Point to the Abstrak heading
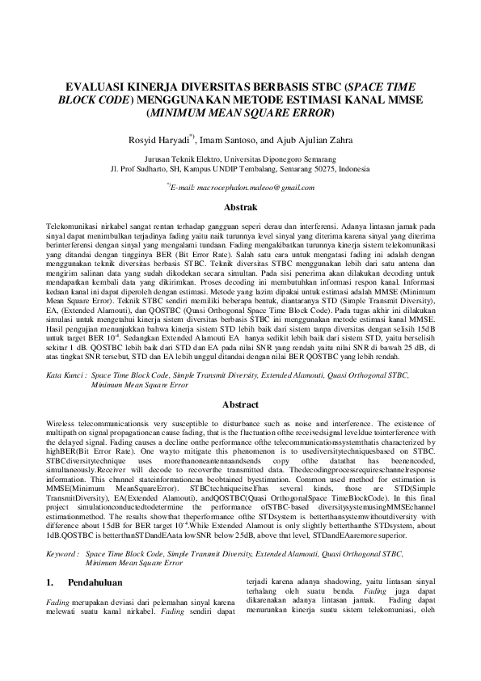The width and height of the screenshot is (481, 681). [x=240, y=208]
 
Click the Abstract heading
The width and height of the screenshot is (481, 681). [x=240, y=404]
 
